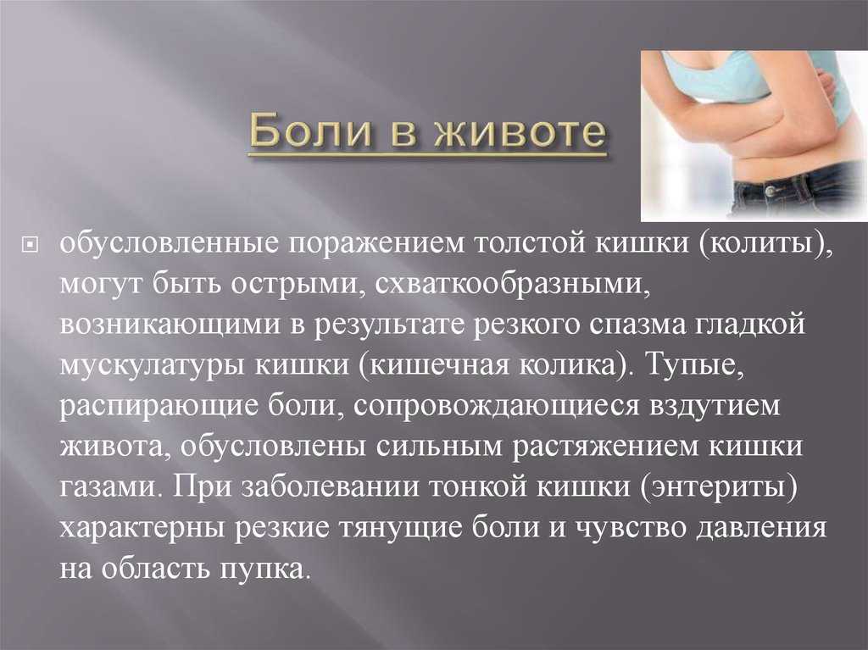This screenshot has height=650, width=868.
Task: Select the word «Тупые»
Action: pyautogui.click(x=694, y=365)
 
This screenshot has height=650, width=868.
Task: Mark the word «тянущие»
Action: pyautogui.click(x=399, y=529)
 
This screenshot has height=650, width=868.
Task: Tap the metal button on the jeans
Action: pyautogui.click(x=770, y=191)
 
